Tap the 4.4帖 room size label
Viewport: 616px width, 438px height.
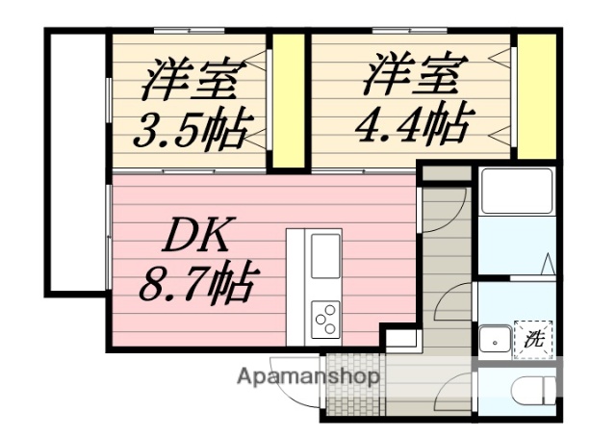tap(415, 124)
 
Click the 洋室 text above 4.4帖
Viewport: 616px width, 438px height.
tap(415, 74)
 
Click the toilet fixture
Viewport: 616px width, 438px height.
tap(534, 392)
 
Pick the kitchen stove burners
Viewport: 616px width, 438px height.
tap(324, 316)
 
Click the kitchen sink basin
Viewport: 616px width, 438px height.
tap(324, 256)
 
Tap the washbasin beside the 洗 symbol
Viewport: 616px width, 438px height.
tap(495, 340)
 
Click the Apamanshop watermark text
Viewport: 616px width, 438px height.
tap(308, 376)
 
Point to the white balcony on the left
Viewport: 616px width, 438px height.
tap(73, 164)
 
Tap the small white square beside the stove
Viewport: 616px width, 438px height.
tap(401, 338)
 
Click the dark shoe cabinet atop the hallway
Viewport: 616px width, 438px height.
tap(446, 175)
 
